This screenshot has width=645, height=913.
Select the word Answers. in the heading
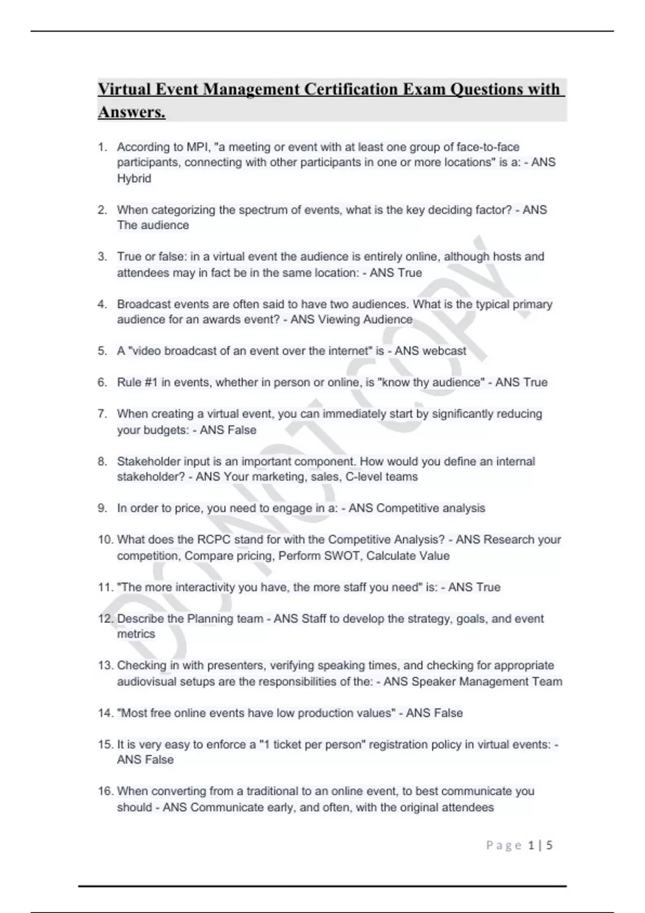132,112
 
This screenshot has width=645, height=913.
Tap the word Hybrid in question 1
134,178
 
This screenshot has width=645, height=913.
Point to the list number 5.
102,351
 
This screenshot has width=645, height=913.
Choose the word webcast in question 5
445,351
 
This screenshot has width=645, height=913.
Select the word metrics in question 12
136,634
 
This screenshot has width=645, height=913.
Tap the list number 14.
105,713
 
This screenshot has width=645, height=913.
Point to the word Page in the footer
504,845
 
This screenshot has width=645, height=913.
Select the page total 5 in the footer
549,845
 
